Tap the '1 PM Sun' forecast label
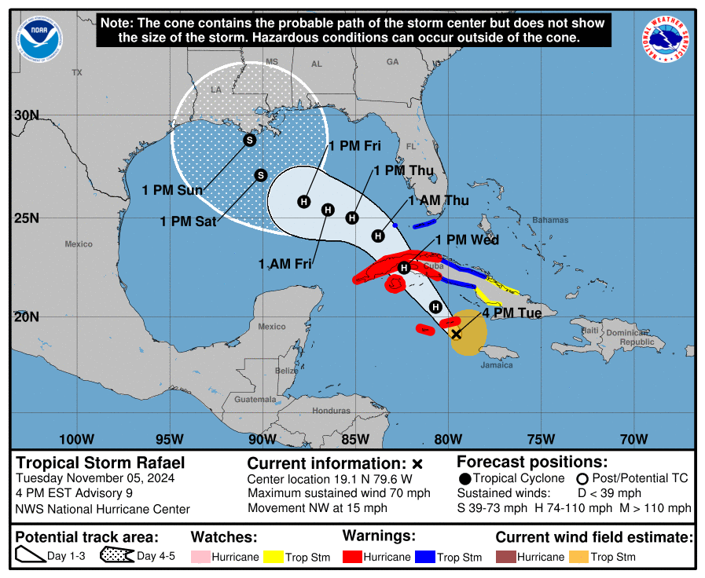(172, 190)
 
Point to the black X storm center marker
(456, 334)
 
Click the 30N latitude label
(26, 115)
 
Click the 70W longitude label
(633, 438)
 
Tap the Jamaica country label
(496, 364)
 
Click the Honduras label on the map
(330, 411)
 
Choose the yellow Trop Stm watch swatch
(274, 557)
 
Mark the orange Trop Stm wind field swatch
(579, 557)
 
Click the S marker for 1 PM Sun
(250, 141)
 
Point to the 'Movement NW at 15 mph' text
(318, 508)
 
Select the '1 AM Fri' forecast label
(285, 264)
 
